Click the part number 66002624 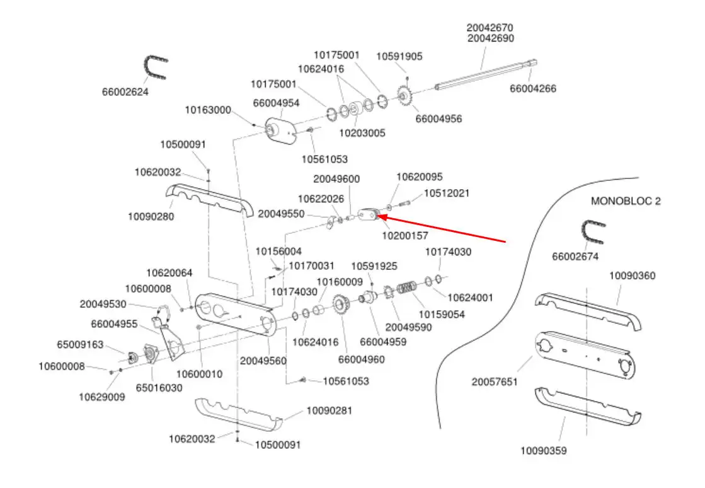(125, 92)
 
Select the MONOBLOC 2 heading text (626, 201)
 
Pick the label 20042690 (491, 38)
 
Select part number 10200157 (404, 235)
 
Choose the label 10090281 (329, 410)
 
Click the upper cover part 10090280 (210, 200)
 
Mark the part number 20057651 (495, 382)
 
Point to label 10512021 (447, 194)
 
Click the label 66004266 (533, 89)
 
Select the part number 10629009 (101, 397)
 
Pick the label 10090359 (543, 451)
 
